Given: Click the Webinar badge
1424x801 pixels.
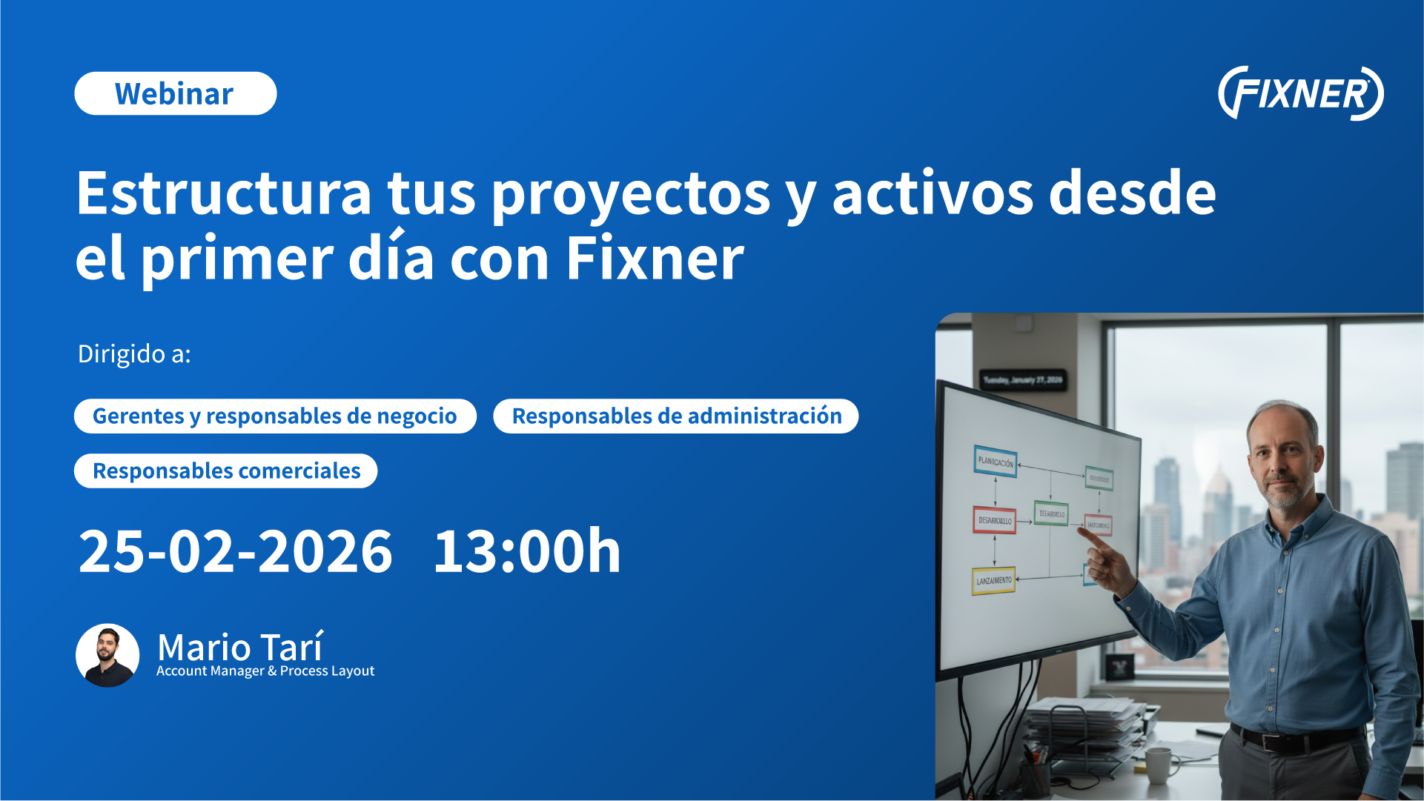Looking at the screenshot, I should (175, 94).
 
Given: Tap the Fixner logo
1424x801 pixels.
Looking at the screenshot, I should (1300, 93).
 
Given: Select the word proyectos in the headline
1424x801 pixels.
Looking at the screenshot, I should (631, 195).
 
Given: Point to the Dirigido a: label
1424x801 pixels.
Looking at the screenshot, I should (134, 354).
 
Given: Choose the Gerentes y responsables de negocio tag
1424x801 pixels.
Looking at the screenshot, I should (275, 416).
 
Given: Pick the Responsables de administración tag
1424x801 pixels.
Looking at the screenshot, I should (676, 416).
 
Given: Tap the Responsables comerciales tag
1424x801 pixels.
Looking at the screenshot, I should (226, 471).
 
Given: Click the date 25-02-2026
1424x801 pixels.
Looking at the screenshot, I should (235, 552).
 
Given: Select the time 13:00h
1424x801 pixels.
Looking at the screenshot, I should (526, 552).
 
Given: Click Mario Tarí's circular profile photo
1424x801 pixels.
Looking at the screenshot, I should (107, 655).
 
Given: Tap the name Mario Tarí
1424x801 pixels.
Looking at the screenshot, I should (240, 647).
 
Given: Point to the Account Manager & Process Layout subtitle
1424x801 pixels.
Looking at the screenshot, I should (265, 671).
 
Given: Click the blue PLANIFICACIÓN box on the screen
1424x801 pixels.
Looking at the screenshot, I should (995, 462).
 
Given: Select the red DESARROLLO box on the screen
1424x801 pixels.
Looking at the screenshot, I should (994, 520).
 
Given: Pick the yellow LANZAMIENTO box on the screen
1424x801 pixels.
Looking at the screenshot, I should (993, 581).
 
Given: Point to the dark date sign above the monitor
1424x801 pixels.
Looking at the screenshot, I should (1023, 380).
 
